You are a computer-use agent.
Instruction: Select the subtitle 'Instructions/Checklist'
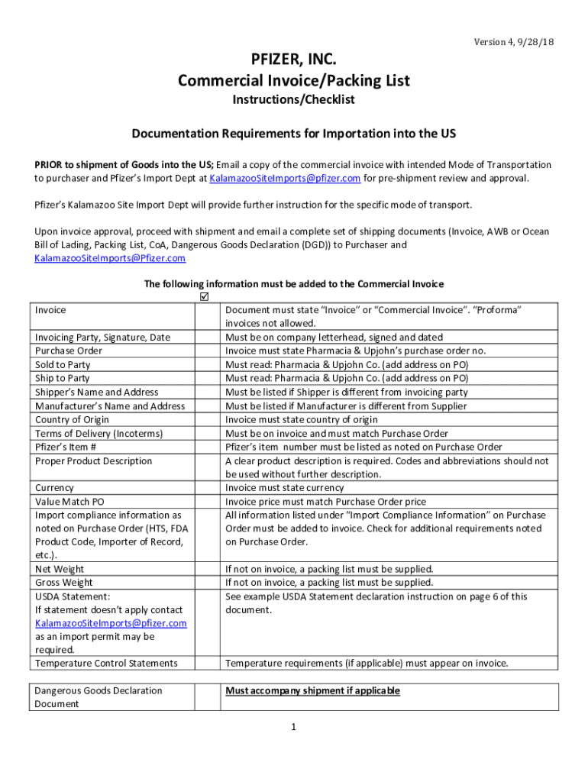(294, 99)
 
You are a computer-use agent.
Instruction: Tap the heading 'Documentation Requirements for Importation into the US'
(294, 134)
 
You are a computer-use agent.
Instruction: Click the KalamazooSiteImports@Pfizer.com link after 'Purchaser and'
(110, 258)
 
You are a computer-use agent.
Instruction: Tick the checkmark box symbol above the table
(203, 296)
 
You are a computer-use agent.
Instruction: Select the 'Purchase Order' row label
(69, 351)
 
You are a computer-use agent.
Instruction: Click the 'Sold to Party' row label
(63, 364)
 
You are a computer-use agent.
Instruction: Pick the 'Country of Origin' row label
(72, 419)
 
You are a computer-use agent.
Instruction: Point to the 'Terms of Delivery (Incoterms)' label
(99, 433)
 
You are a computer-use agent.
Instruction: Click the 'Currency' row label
(54, 487)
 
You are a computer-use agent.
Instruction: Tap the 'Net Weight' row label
(60, 569)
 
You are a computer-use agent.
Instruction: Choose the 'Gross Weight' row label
(64, 583)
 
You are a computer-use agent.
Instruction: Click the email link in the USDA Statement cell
(110, 623)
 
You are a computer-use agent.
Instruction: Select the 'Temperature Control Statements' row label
(106, 663)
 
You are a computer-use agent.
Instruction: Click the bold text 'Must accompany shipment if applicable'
(312, 690)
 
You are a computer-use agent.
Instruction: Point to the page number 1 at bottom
(293, 727)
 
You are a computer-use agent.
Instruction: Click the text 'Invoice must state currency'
(285, 487)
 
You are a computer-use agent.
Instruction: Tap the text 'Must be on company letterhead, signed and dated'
(334, 337)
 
